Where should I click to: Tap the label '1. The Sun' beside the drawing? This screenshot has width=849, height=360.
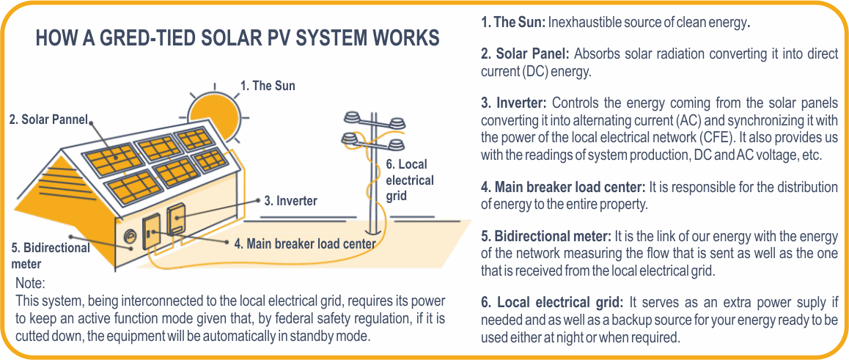coord(268,86)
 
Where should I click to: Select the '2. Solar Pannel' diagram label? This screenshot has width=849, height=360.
coord(48,120)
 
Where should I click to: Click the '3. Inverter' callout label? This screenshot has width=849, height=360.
coord(290,200)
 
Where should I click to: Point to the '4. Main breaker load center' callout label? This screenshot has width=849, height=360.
coord(305,243)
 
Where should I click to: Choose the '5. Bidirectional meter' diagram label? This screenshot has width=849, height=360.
coord(50,255)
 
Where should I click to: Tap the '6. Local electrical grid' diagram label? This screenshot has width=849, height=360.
coord(409,180)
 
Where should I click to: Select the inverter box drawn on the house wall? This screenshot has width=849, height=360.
coord(177,221)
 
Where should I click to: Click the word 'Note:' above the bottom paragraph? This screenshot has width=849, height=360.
coord(30,283)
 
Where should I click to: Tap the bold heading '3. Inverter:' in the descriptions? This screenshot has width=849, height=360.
coord(514,103)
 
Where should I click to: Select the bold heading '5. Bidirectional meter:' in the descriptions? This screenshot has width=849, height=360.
coord(546,236)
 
